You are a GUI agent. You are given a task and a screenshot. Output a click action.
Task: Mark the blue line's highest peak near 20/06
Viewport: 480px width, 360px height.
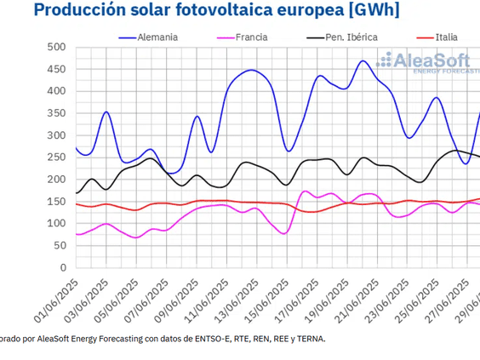(363, 61)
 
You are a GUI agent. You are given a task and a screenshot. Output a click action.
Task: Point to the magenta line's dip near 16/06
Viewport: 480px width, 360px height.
(283, 232)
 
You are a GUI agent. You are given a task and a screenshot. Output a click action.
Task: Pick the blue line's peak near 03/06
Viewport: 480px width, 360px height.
(106, 111)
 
